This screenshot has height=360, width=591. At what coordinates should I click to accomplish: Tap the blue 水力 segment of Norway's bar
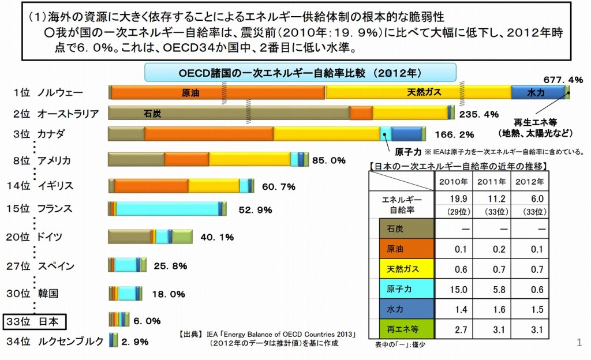click(x=537, y=92)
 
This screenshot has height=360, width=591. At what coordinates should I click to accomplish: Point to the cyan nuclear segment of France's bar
click(x=168, y=209)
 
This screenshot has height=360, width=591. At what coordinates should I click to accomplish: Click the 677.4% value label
click(x=563, y=79)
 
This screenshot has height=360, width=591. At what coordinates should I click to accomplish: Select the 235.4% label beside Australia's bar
click(x=478, y=114)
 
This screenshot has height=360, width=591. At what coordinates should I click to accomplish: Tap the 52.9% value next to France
click(x=255, y=210)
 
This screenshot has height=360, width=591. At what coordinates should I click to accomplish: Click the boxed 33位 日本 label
click(x=36, y=321)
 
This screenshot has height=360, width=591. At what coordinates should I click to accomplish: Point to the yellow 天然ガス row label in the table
click(x=402, y=269)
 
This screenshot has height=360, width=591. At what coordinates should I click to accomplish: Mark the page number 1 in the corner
click(x=579, y=344)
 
